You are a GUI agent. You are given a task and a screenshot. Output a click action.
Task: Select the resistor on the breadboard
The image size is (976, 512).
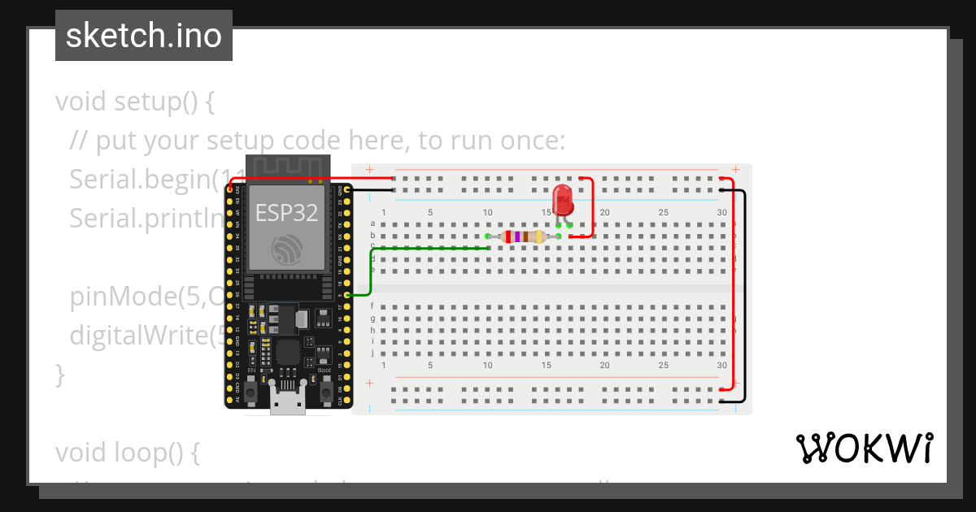pyautogui.click(x=524, y=236)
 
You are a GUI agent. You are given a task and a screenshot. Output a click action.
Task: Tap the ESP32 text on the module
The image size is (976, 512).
pyautogui.click(x=286, y=212)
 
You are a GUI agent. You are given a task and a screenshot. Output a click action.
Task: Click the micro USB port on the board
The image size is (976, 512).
pyautogui.click(x=288, y=402)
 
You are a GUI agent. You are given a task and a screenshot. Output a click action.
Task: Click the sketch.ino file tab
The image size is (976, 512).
pyautogui.click(x=144, y=36)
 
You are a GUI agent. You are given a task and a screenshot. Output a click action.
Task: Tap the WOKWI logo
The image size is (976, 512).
pyautogui.click(x=864, y=448)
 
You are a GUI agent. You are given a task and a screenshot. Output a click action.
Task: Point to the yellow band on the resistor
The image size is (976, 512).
pyautogui.click(x=540, y=236)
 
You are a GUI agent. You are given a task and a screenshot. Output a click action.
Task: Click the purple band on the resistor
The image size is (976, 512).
pyautogui.click(x=517, y=236)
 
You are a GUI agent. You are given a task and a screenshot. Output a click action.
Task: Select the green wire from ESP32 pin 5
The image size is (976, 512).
pyautogui.click(x=371, y=268)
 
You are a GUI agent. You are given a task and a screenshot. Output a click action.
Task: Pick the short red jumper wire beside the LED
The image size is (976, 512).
pyautogui.click(x=593, y=207)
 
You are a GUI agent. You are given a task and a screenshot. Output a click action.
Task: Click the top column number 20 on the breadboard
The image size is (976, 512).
pyautogui.click(x=604, y=213)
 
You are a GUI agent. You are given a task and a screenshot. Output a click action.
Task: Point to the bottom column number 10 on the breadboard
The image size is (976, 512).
pyautogui.click(x=487, y=366)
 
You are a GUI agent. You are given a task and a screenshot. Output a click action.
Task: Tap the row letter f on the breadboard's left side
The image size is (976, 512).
pyautogui.click(x=373, y=306)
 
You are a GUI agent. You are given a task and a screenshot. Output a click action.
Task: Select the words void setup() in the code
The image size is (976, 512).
pyautogui.click(x=135, y=102)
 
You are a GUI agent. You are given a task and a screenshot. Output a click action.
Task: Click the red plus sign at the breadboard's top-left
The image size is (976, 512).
pyautogui.click(x=369, y=170)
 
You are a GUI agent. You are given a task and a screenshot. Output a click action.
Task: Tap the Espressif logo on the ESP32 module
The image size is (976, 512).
pyautogui.click(x=286, y=249)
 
